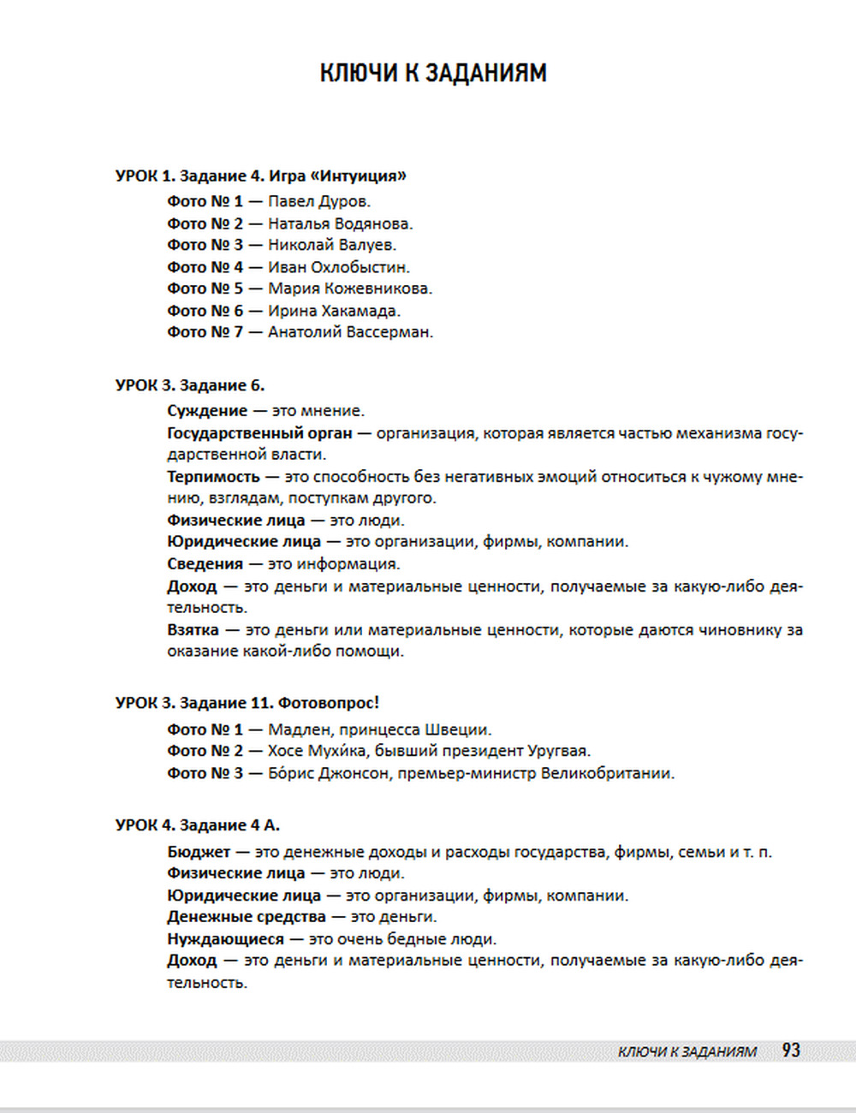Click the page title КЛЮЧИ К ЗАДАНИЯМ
point(433,73)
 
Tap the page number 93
point(791,1051)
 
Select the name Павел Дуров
point(318,202)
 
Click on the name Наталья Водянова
point(340,224)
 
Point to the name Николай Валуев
point(331,246)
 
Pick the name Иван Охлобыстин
point(338,267)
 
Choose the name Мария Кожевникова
point(349,289)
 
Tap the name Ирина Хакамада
point(334,311)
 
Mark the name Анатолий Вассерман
point(350,332)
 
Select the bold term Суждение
point(206,411)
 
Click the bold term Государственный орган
point(259,433)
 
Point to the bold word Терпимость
point(213,477)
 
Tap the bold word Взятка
point(193,630)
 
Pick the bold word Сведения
point(205,564)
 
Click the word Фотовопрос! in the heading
point(328,703)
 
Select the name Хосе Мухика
point(316,752)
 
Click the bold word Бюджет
point(199,852)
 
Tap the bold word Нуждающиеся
point(225,939)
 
